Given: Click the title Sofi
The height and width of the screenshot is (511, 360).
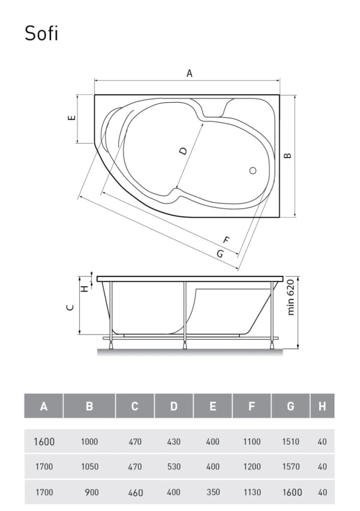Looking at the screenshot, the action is click(41, 33).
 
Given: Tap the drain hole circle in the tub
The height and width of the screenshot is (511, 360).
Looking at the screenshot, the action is click(253, 171).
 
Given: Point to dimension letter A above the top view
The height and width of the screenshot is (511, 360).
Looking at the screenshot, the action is click(189, 73).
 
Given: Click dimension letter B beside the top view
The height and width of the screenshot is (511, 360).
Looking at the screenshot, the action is click(287, 155).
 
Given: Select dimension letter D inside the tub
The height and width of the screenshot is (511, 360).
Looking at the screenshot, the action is click(183, 151).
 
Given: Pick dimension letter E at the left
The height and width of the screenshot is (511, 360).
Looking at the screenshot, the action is click(72, 118).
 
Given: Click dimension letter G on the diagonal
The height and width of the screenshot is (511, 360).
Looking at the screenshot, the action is click(221, 253).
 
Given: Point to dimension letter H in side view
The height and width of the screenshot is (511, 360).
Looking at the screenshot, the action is click(85, 288).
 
